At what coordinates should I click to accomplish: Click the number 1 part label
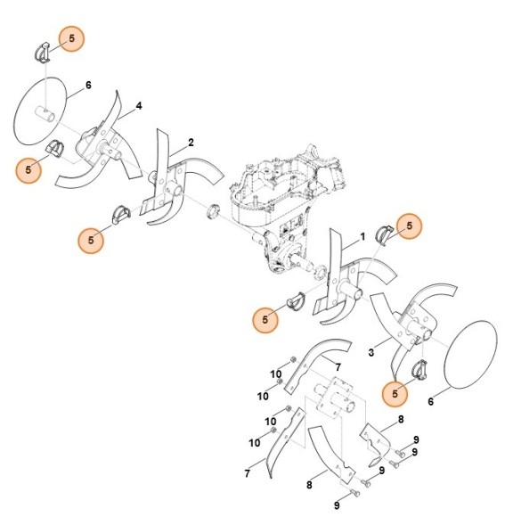(x=362, y=238)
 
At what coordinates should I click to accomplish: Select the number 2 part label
(x=191, y=143)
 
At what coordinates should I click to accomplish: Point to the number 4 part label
(x=139, y=106)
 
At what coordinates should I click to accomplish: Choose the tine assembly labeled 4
(x=102, y=147)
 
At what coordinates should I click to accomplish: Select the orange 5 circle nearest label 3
(x=395, y=390)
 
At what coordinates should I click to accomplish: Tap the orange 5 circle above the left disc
(x=72, y=38)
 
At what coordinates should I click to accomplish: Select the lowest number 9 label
(x=337, y=505)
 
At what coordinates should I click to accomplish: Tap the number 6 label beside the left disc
(x=88, y=86)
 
